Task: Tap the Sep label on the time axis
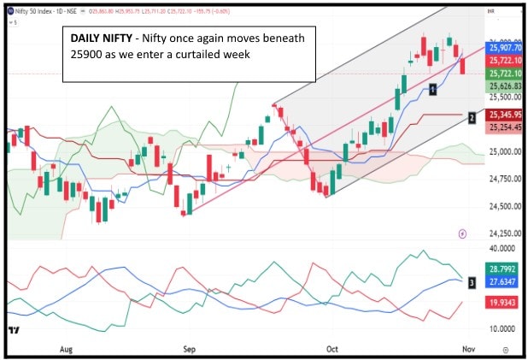191,349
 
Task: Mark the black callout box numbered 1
433,89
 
